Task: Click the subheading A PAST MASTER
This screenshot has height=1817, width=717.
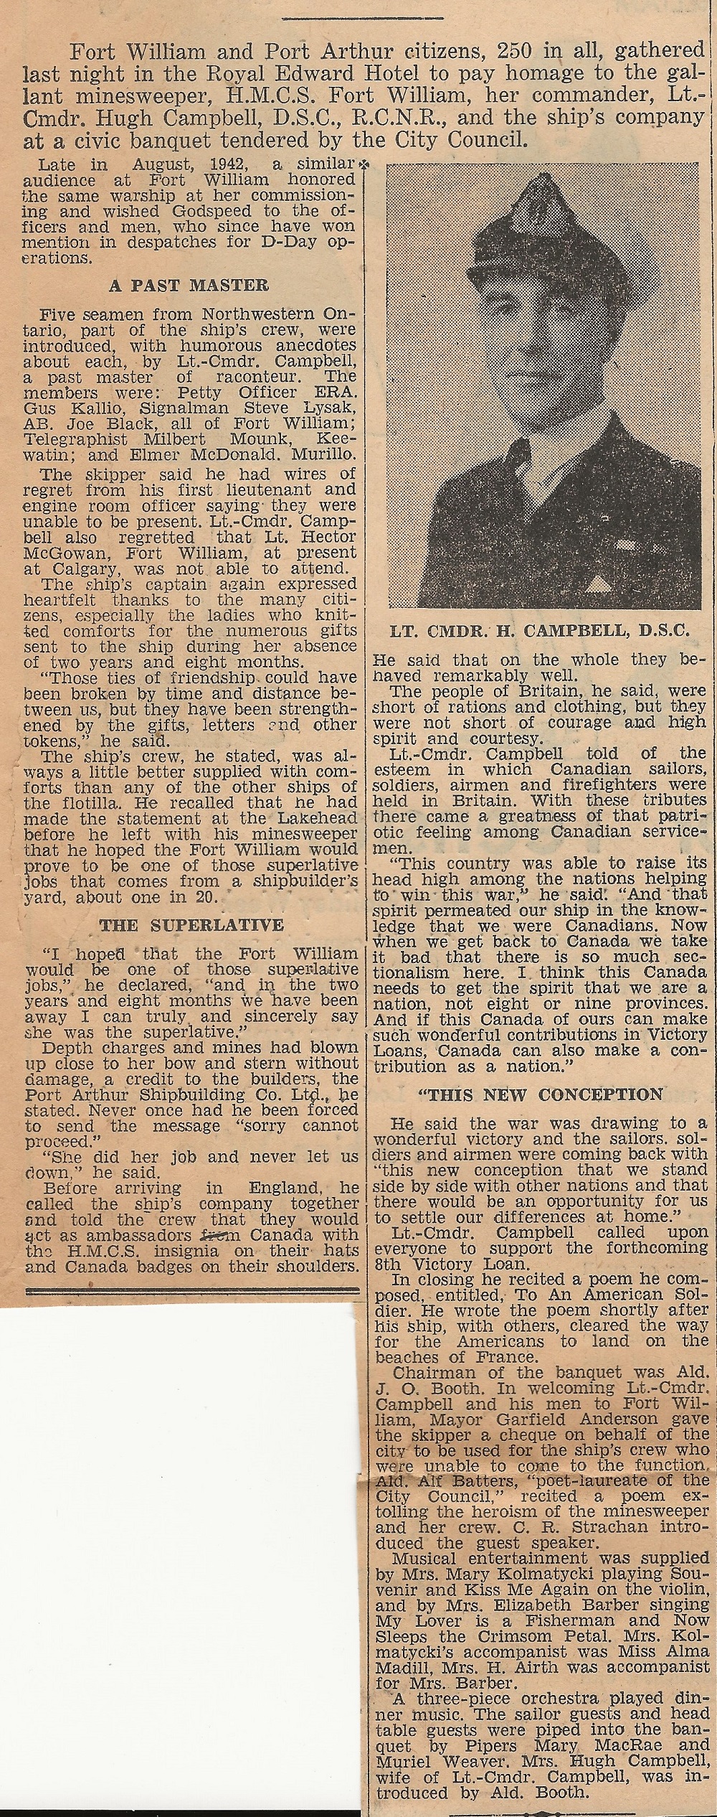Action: [189, 286]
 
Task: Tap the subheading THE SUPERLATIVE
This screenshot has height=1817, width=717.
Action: [191, 925]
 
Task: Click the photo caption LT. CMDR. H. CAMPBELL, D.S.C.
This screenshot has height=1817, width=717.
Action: [541, 632]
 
